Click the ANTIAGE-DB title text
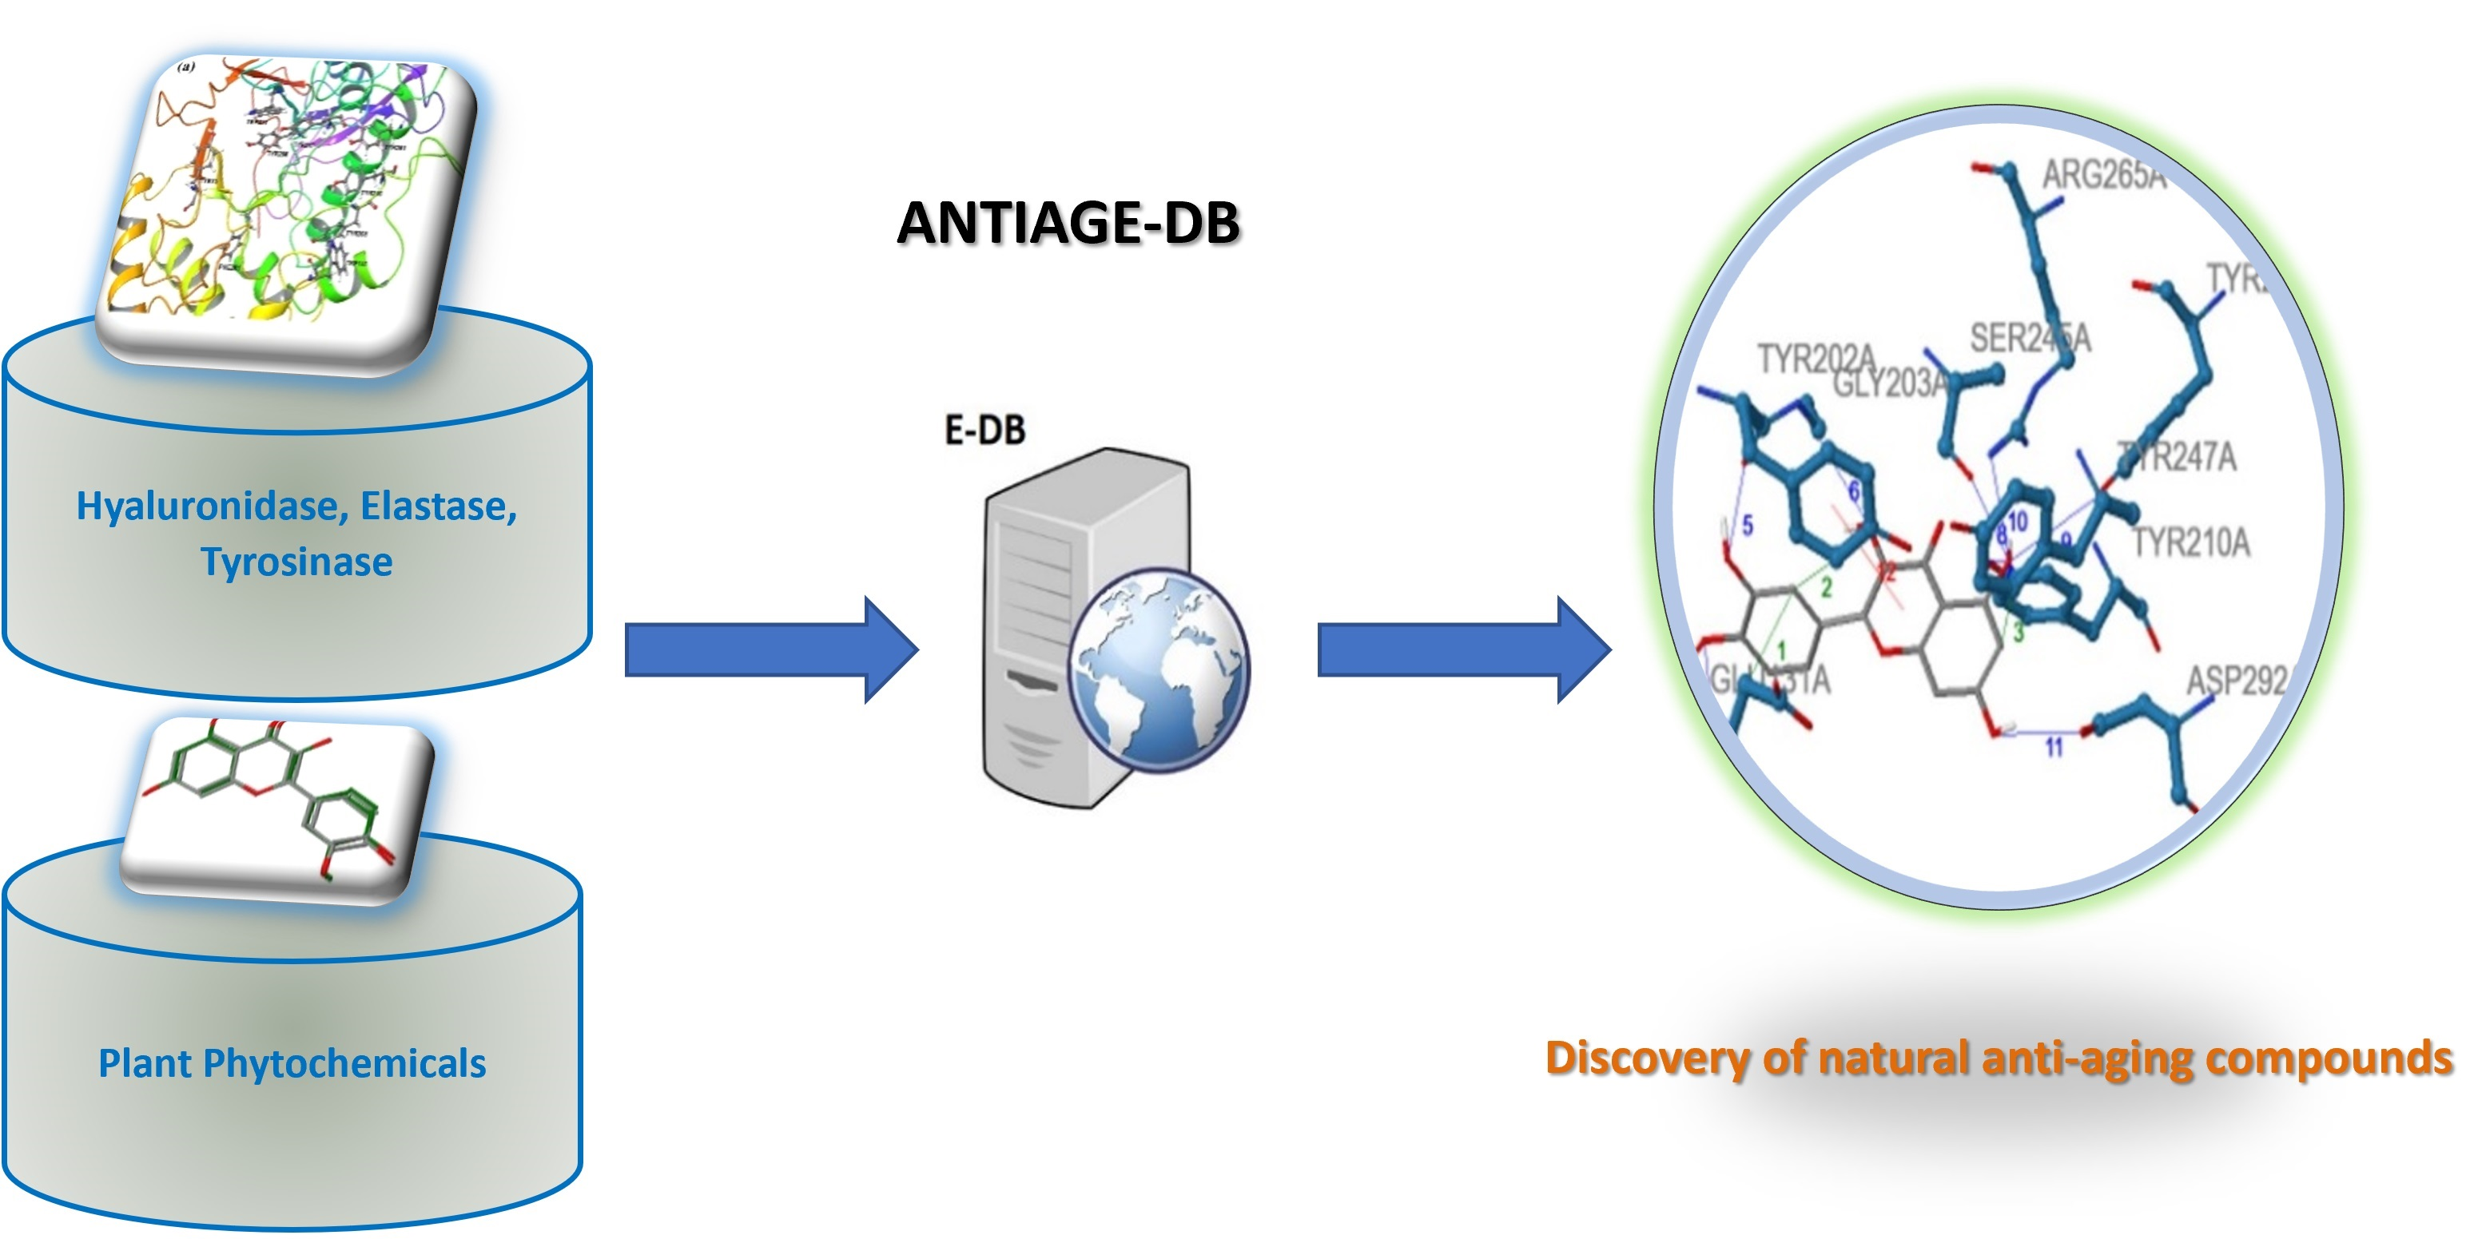click(x=1068, y=223)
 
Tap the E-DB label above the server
click(x=985, y=430)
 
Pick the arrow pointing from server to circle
click(x=1463, y=650)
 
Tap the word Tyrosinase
click(x=296, y=562)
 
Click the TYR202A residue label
click(x=1816, y=358)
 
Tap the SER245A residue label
click(x=2030, y=339)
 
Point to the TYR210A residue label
click(x=2191, y=542)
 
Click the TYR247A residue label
click(x=2180, y=457)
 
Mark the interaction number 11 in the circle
click(x=2054, y=748)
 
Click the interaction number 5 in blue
click(x=1748, y=525)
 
